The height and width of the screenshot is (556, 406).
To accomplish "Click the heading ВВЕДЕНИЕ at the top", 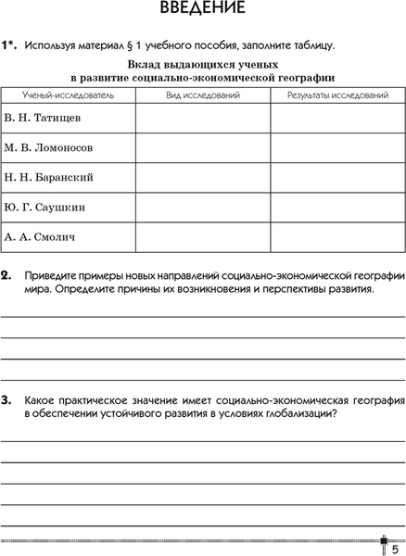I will (202, 10).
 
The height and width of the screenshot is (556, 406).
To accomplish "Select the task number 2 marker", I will (6, 275).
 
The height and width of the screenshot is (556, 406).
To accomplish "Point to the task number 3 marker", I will (6, 399).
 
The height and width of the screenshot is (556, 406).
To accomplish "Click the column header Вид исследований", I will (202, 95).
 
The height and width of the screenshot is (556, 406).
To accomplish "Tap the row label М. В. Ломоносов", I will (48, 147).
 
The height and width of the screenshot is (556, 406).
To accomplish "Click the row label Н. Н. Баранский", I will (49, 177).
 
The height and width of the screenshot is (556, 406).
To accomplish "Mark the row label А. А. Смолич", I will (40, 236).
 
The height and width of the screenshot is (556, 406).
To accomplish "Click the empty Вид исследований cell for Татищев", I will (202, 119).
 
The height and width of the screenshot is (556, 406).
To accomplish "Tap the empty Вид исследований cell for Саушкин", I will (202, 207).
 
